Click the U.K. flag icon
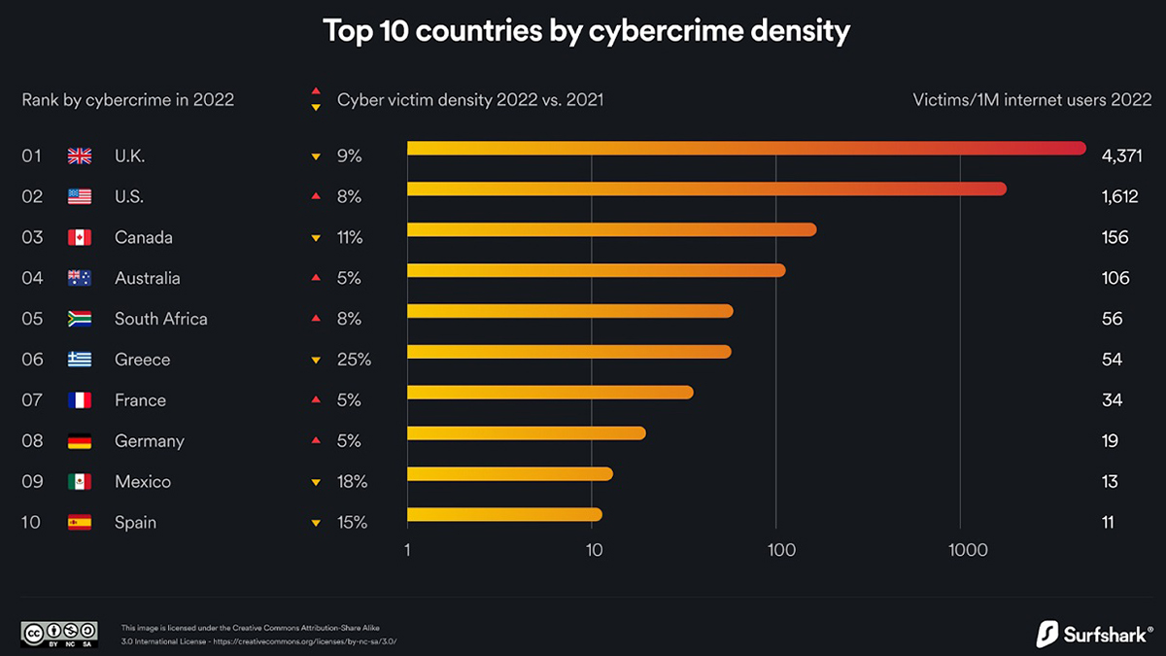[x=80, y=155]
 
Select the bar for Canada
[x=611, y=229]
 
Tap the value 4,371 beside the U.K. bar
[x=1121, y=155]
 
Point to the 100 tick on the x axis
[x=781, y=550]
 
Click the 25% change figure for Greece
[x=354, y=360]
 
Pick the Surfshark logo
[x=1093, y=634]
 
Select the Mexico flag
[x=80, y=482]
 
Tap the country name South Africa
[x=160, y=319]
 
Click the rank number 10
[x=31, y=523]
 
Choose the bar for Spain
[x=504, y=515]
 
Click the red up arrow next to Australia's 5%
[x=315, y=278]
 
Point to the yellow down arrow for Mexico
[x=315, y=482]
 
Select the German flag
[x=80, y=441]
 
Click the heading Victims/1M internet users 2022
[x=1032, y=99]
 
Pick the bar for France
[x=550, y=393]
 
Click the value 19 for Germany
[x=1111, y=441]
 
